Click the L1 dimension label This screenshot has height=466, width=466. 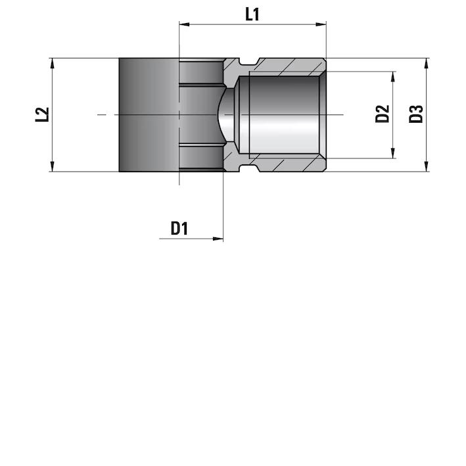pyautogui.click(x=252, y=14)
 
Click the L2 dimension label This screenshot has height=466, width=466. pyautogui.click(x=42, y=114)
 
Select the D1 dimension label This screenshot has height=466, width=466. pyautogui.click(x=179, y=229)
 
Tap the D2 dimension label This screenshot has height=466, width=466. pyautogui.click(x=382, y=114)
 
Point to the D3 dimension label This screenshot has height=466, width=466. pyautogui.click(x=416, y=114)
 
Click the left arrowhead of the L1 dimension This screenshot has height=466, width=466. pyautogui.click(x=184, y=24)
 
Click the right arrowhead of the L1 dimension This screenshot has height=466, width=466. pyautogui.click(x=321, y=24)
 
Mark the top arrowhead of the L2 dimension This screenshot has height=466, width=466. pyautogui.click(x=53, y=63)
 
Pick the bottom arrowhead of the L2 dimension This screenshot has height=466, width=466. pyautogui.click(x=53, y=166)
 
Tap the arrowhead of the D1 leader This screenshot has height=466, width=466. pyautogui.click(x=218, y=239)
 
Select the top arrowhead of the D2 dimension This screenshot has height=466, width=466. pyautogui.click(x=393, y=77)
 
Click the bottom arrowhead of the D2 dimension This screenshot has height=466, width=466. pyautogui.click(x=393, y=153)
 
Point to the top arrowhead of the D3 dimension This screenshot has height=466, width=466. pyautogui.click(x=427, y=63)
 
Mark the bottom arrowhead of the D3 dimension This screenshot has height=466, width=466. pyautogui.click(x=427, y=166)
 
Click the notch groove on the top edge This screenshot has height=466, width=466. pyautogui.click(x=248, y=61)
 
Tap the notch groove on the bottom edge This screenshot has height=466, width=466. pyautogui.click(x=248, y=168)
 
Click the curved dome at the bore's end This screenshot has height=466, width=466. pyautogui.click(x=227, y=114)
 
